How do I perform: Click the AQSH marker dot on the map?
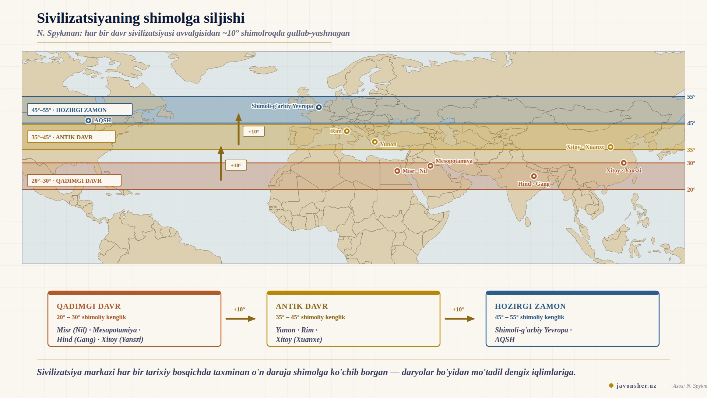click(x=88, y=121)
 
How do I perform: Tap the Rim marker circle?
click(x=347, y=131)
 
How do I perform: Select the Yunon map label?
click(x=388, y=144)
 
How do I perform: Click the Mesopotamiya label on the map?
click(x=454, y=161)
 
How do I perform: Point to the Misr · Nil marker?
click(x=397, y=171)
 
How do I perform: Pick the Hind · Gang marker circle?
click(x=534, y=176)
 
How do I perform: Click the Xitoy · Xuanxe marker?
click(x=611, y=147)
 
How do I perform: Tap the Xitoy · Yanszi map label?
click(x=623, y=171)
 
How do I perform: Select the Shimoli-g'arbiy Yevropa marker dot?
click(x=319, y=107)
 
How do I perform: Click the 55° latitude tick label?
click(x=691, y=97)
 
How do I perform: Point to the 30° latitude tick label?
click(x=691, y=163)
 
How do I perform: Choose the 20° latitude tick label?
click(x=691, y=190)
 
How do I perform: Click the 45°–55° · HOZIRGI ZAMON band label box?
click(x=80, y=110)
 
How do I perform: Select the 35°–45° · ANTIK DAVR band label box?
click(x=71, y=137)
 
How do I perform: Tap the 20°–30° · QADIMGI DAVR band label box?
click(x=74, y=181)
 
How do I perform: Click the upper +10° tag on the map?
click(x=254, y=132)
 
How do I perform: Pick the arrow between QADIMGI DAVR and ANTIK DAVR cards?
click(x=240, y=319)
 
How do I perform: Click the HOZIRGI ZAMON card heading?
click(x=530, y=306)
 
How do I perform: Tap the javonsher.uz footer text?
click(x=636, y=385)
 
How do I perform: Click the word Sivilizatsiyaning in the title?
click(x=88, y=18)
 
